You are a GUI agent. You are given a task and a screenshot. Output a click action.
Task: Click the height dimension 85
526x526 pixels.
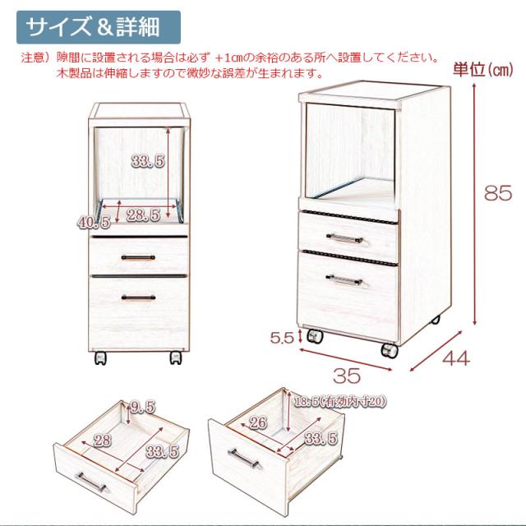click(x=498, y=194)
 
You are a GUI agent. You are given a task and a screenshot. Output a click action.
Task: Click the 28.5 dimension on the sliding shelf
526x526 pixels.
click(x=143, y=215)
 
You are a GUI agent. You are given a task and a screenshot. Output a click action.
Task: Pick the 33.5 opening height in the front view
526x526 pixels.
click(x=147, y=162)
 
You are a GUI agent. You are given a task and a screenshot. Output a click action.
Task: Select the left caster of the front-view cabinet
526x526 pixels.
click(x=101, y=358)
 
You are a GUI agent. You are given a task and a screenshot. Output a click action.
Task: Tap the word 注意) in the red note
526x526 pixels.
click(x=36, y=58)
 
